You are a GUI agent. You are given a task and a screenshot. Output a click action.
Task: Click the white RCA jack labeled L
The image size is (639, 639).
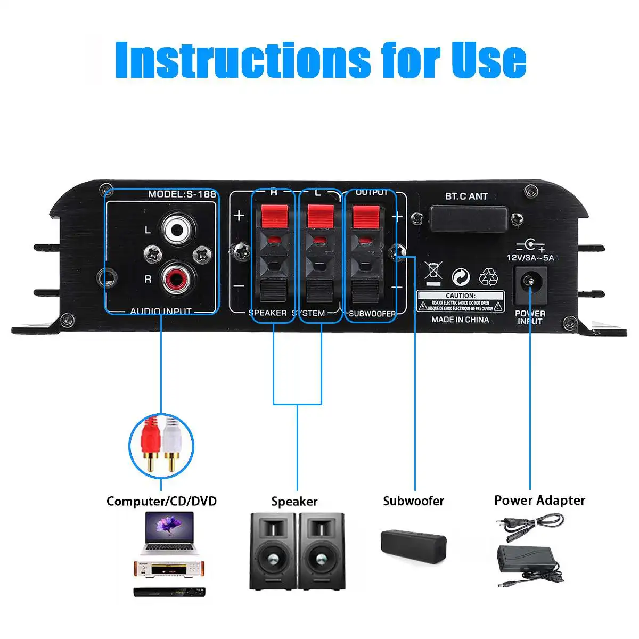pos(178,230)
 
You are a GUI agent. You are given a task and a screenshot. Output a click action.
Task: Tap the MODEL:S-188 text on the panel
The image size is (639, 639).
pos(182,194)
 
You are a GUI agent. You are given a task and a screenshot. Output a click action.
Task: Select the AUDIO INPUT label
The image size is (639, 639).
pos(161,311)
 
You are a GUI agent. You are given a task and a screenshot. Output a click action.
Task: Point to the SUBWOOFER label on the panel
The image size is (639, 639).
pos(372,314)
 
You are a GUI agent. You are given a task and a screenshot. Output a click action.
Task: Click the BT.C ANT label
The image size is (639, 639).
pos(466,196)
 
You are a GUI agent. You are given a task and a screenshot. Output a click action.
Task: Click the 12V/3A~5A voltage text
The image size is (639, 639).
pos(530,258)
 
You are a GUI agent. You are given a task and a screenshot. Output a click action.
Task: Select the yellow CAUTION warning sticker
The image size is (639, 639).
pos(460,301)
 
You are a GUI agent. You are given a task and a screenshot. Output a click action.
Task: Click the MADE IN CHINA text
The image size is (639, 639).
pos(460,319)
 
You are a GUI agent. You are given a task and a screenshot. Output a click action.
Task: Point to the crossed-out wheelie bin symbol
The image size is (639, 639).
pos(433,273)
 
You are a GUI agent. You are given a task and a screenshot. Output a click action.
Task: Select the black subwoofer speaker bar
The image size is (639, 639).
pos(413,544)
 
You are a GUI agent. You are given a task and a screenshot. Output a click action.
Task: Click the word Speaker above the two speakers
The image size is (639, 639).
pos(294,501)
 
